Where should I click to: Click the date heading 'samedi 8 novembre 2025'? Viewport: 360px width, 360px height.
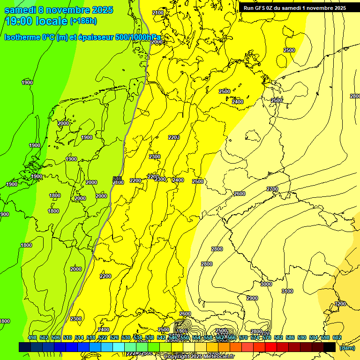(x=59, y=10)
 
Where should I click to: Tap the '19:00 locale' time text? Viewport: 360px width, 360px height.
(x=36, y=21)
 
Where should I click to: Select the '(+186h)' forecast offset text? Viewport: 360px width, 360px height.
(x=83, y=21)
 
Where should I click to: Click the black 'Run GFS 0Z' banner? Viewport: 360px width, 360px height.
(x=294, y=7)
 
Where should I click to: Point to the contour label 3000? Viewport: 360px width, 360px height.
(x=266, y=284)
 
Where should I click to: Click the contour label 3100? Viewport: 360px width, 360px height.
(x=287, y=291)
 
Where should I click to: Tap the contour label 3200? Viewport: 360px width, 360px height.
(x=340, y=304)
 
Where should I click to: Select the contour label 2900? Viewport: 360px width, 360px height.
(x=252, y=298)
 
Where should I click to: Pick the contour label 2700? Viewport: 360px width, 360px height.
(x=272, y=189)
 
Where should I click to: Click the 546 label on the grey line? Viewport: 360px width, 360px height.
(x=117, y=179)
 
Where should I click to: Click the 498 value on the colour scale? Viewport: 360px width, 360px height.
(x=32, y=337)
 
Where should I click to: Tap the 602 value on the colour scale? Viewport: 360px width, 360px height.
(x=337, y=337)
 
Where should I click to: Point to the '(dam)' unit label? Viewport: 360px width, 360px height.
(x=346, y=347)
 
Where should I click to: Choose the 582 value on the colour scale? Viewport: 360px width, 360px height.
(x=278, y=337)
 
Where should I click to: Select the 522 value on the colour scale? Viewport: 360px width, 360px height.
(x=103, y=337)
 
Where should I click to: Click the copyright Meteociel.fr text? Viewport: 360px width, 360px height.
(x=199, y=357)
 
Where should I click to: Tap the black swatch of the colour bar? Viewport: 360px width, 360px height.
(x=330, y=347)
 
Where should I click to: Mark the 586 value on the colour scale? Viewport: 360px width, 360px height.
(x=290, y=337)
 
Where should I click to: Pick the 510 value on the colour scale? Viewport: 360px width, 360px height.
(x=67, y=337)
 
